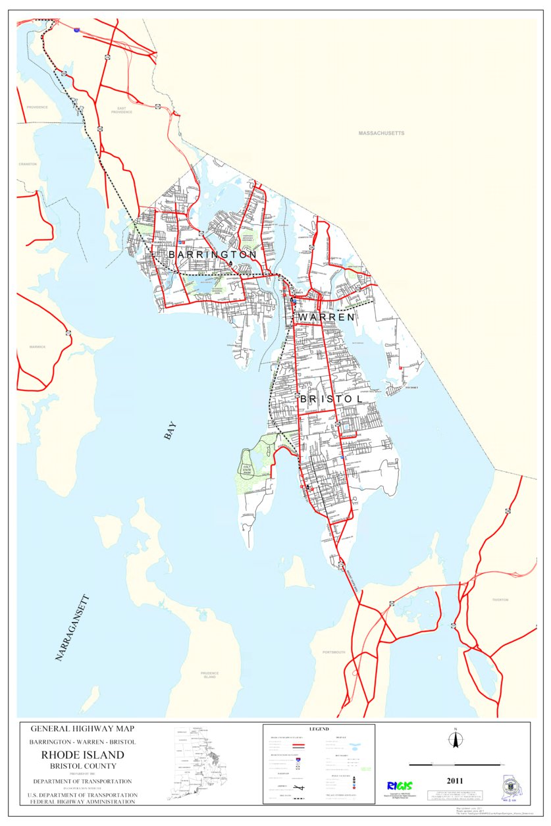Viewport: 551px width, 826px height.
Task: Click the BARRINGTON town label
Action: [x=212, y=254]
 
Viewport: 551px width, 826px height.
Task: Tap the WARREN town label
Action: [x=326, y=317]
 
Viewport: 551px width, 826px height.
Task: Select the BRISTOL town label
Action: [x=331, y=400]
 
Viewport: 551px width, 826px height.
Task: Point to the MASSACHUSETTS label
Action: [x=381, y=133]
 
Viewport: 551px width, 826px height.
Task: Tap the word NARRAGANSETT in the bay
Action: [x=72, y=627]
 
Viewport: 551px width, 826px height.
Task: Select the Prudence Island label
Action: [x=209, y=675]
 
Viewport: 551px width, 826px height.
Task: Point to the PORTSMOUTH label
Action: [x=334, y=652]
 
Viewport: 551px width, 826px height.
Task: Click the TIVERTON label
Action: [x=500, y=600]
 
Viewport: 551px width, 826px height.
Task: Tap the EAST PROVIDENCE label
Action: [x=121, y=110]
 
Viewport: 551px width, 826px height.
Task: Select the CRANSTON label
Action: [x=28, y=164]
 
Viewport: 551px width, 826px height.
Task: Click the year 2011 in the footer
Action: [x=454, y=781]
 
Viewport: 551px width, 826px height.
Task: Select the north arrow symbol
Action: [x=454, y=740]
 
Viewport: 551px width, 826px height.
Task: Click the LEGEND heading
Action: [x=319, y=729]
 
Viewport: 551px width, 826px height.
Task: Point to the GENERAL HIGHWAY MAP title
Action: [x=82, y=729]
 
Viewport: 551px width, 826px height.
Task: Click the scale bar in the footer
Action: [x=454, y=765]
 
